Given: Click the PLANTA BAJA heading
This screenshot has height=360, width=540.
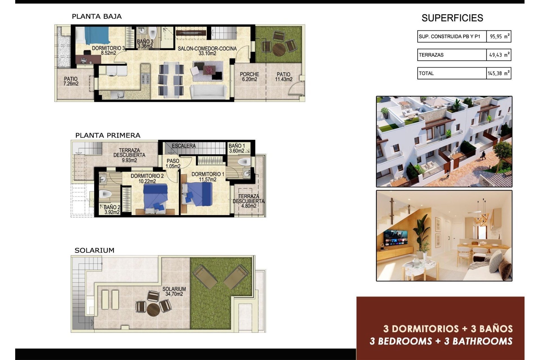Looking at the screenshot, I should [97, 16].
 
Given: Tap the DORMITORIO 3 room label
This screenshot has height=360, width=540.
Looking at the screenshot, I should [108, 50].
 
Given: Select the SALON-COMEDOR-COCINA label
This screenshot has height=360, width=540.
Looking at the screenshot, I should [207, 51].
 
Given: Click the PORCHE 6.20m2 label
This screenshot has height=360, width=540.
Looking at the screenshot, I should [249, 76].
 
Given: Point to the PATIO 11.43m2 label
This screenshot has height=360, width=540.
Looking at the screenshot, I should [283, 76].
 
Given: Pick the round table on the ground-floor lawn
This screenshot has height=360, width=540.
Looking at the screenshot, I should [279, 49].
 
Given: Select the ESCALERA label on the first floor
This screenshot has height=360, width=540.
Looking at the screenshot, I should [184, 146].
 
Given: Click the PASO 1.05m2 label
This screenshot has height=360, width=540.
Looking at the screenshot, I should [173, 163].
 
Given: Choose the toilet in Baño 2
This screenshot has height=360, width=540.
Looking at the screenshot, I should [105, 194].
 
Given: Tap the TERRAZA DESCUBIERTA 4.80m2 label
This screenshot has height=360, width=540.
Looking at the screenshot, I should [249, 201].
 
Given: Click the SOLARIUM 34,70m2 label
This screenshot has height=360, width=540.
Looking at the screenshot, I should [174, 291].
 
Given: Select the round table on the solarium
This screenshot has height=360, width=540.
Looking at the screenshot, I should [153, 310].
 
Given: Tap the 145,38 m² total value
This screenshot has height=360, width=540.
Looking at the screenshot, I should [499, 73].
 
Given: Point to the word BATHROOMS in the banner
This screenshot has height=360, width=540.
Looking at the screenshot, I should [482, 341].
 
